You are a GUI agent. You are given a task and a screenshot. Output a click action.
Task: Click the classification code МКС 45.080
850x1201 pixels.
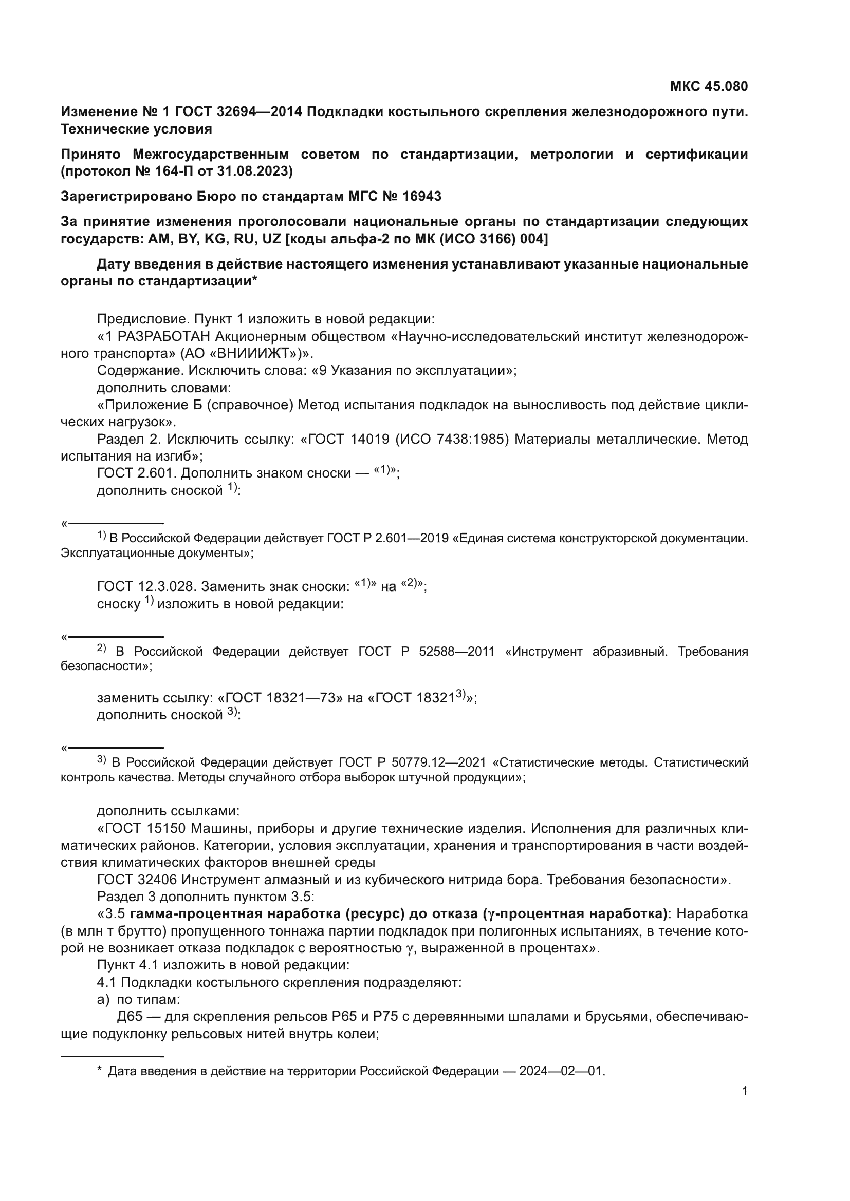709,86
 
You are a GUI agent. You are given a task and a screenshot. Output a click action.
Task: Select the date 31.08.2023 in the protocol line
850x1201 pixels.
251,171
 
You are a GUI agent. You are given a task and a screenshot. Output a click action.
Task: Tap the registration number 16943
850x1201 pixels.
421,196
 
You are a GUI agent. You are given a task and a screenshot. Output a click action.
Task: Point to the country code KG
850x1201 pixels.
217,239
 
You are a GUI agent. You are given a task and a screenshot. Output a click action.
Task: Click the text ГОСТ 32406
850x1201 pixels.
137,880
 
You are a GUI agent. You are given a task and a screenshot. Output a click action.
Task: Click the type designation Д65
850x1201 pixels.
130,1016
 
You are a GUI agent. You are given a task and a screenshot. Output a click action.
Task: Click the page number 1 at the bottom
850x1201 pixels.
745,1091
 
